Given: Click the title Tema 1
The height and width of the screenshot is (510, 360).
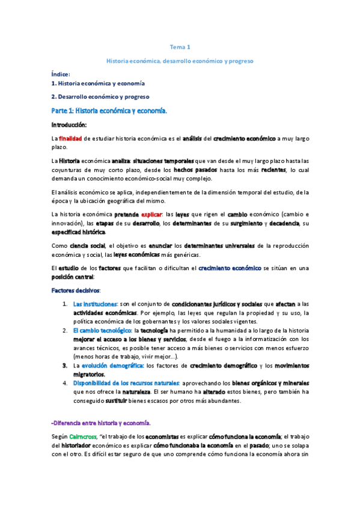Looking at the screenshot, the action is pos(180,47).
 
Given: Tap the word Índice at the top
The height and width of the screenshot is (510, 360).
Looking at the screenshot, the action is pos(61,73).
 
